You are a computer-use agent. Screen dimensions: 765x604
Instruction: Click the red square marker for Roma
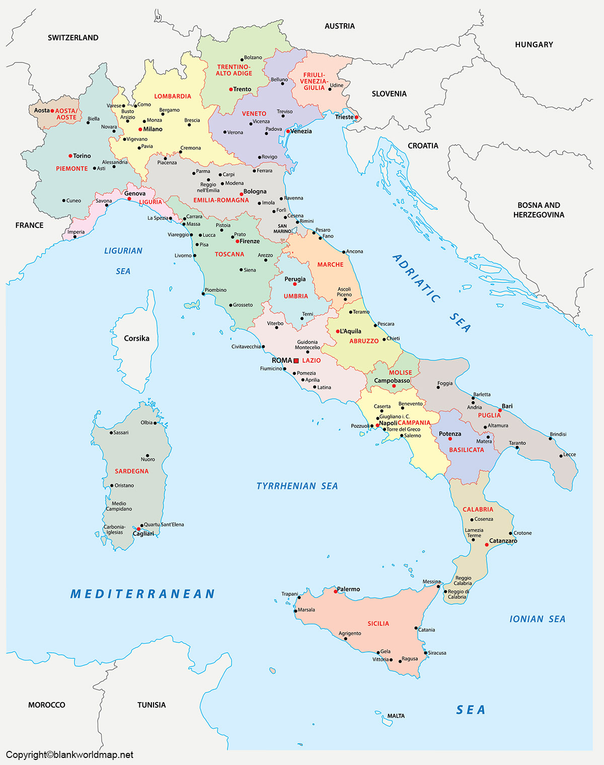click(296, 361)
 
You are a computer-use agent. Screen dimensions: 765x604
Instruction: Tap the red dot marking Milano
click(140, 129)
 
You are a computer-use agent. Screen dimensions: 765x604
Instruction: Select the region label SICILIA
click(378, 624)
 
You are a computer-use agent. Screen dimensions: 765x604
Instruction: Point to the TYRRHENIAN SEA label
click(297, 486)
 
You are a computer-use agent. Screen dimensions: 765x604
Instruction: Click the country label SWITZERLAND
click(73, 38)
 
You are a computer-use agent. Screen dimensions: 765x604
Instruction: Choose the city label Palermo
click(348, 589)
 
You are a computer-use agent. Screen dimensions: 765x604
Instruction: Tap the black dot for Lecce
click(561, 456)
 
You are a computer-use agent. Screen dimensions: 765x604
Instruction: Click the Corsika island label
click(136, 338)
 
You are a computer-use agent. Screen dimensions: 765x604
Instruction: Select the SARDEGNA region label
click(131, 471)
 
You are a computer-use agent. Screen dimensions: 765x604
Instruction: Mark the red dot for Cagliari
click(138, 529)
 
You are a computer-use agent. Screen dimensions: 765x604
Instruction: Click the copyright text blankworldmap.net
click(69, 754)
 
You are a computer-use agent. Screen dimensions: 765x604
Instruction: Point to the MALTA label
click(396, 716)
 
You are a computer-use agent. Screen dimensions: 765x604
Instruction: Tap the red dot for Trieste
click(356, 117)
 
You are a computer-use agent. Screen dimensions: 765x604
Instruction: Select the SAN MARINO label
click(282, 228)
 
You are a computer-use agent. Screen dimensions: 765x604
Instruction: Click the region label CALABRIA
click(478, 509)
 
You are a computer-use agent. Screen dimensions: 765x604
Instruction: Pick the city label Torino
click(82, 156)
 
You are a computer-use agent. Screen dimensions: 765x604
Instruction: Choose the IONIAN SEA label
click(537, 619)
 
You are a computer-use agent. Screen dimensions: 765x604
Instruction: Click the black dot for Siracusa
click(426, 653)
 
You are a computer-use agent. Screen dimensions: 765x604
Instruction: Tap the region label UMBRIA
click(295, 296)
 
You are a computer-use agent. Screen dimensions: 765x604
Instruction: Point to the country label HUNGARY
click(534, 45)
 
